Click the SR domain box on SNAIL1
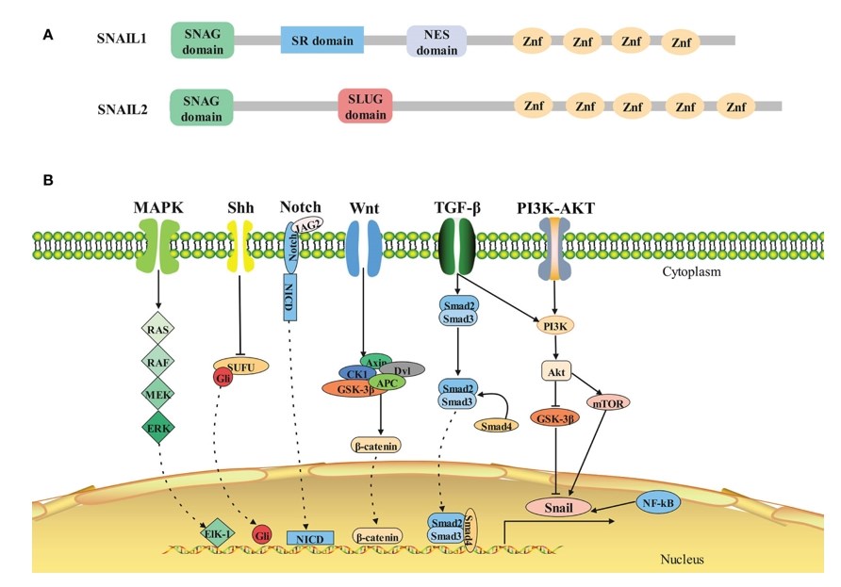pos(322,41)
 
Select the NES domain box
pos(437,41)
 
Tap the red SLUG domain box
pos(365,106)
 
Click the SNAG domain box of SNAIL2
pos(202,107)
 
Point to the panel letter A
pos(48,35)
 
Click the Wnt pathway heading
pos(366,206)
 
